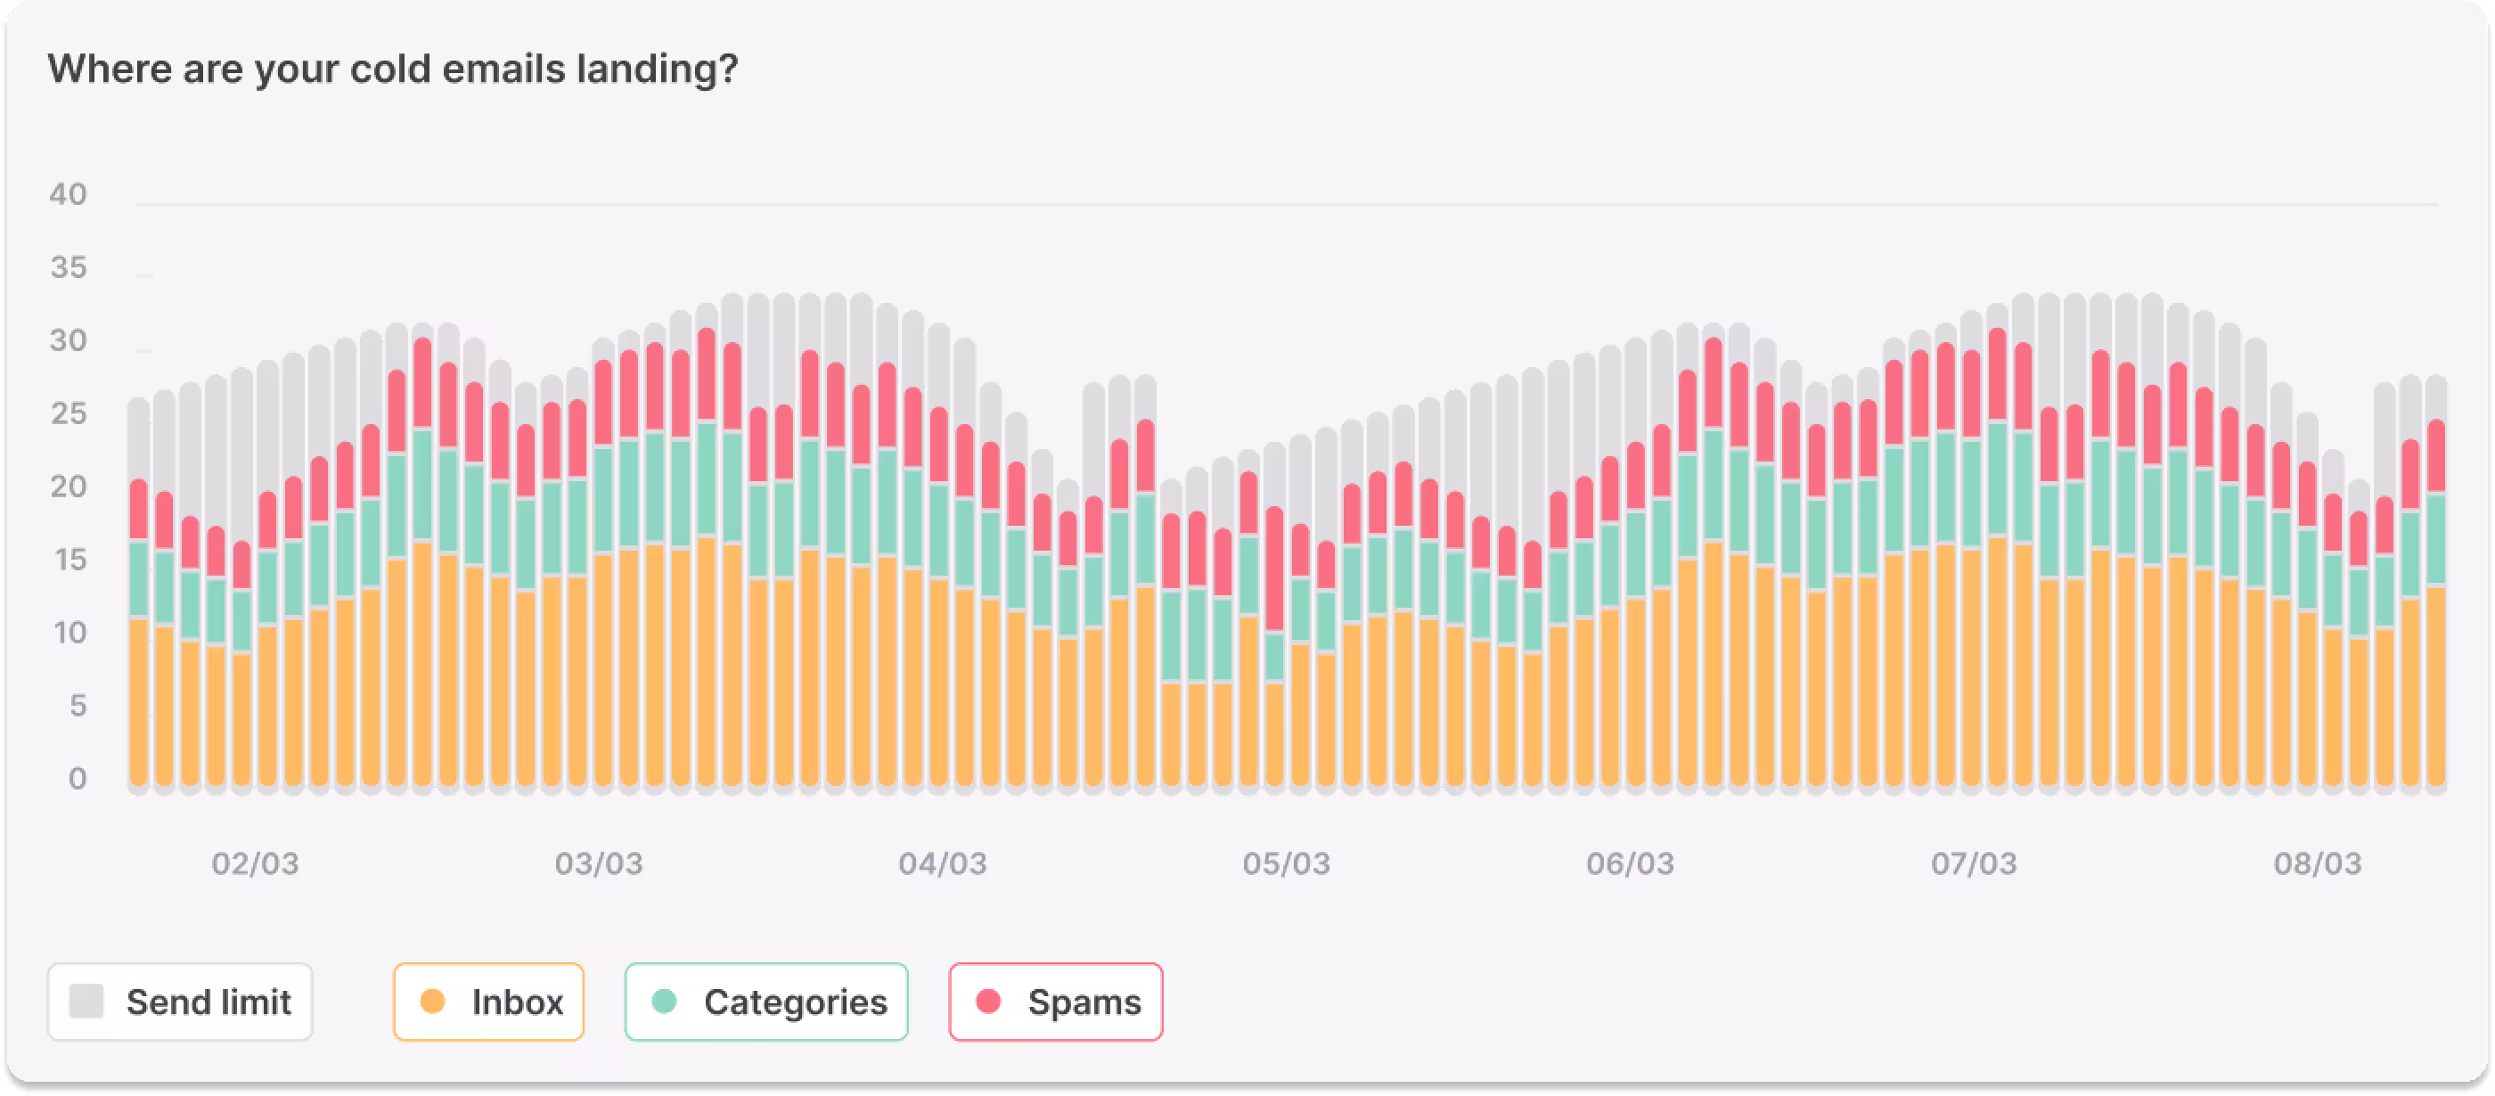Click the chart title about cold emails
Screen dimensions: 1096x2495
[x=392, y=69]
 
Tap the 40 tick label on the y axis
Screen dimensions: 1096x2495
[x=68, y=194]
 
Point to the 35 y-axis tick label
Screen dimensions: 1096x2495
[x=68, y=267]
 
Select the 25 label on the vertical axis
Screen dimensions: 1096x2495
[x=68, y=413]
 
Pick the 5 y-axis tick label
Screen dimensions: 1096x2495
[x=78, y=706]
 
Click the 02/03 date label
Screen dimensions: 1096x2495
[x=255, y=863]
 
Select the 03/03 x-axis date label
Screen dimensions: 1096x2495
[x=599, y=863]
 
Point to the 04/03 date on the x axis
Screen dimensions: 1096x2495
[x=943, y=863]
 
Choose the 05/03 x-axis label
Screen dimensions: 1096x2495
[x=1286, y=863]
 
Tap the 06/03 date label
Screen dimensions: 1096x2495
[x=1630, y=863]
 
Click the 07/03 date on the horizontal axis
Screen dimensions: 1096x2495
[x=1974, y=863]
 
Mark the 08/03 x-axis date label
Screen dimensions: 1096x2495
[x=2318, y=863]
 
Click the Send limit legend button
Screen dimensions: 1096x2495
[x=180, y=1002]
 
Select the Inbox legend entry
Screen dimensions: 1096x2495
[x=488, y=1002]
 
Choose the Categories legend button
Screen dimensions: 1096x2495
[x=766, y=1002]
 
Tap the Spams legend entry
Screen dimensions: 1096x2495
[x=1056, y=1002]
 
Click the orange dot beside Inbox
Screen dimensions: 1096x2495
[x=432, y=1002]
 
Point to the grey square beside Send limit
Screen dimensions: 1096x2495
[x=86, y=1002]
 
